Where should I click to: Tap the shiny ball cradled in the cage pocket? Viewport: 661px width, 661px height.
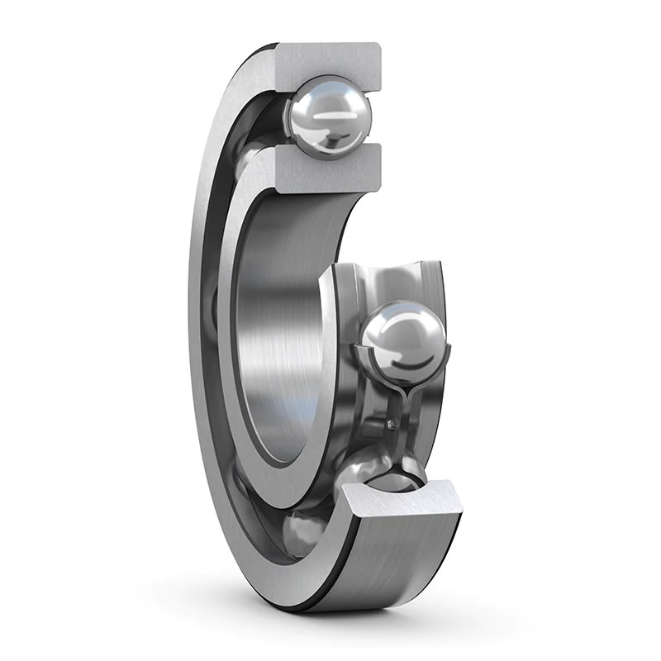click(405, 339)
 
